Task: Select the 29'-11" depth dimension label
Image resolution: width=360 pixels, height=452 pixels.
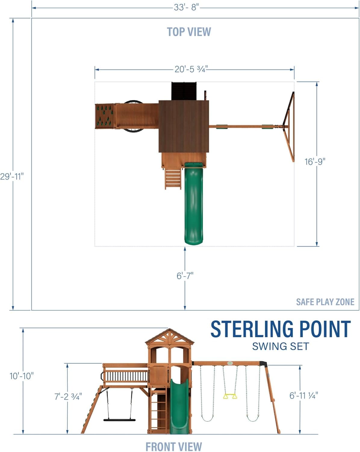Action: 12,176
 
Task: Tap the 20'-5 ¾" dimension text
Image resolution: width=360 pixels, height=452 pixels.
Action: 191,69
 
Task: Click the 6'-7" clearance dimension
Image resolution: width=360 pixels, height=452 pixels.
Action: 185,275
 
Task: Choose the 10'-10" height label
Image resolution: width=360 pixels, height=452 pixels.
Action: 22,376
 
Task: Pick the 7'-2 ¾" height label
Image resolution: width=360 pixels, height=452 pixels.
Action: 68,396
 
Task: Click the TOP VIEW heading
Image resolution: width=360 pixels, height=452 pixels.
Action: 189,32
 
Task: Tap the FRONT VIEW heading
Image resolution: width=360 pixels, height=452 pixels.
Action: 174,446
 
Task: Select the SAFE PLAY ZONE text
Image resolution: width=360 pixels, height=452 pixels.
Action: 325,302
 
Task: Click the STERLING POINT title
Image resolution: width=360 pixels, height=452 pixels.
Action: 280,329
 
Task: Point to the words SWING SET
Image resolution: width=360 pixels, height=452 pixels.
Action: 281,347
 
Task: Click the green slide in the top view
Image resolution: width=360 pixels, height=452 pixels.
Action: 194,205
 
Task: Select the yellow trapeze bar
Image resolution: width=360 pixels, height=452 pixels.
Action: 230,396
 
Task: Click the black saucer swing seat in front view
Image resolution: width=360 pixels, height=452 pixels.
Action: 119,419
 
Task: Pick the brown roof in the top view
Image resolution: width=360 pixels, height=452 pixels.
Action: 184,127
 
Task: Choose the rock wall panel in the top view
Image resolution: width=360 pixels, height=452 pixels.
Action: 105,116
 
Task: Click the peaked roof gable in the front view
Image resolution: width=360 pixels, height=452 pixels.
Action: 170,337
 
